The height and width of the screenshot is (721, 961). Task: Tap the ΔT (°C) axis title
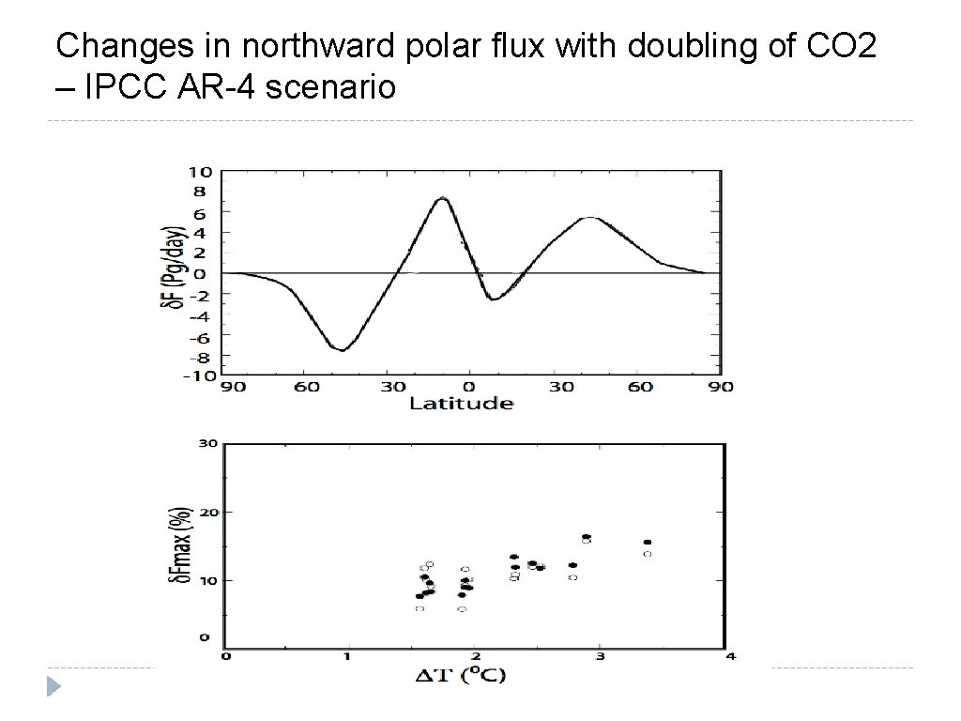pos(460,676)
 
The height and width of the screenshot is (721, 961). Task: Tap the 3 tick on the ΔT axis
pos(600,656)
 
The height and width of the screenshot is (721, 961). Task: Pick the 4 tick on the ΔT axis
pos(727,656)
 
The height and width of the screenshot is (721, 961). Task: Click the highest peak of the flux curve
pos(442,198)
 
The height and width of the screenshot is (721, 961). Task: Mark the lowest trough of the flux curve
pos(343,350)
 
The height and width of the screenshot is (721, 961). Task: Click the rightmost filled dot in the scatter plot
pos(648,543)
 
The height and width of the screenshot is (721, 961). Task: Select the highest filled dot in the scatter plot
pos(587,537)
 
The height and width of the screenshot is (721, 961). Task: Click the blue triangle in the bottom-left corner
pos(54,688)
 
